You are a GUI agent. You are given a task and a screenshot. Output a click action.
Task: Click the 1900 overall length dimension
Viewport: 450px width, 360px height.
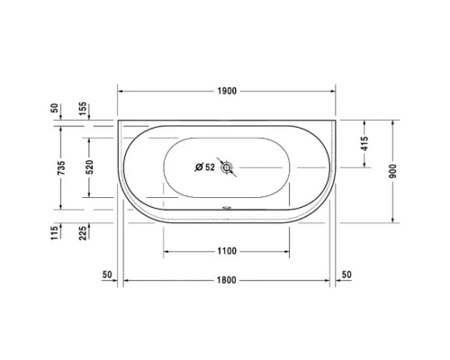(x=226, y=91)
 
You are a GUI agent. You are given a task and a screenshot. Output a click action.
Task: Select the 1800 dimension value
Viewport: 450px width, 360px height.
(x=226, y=280)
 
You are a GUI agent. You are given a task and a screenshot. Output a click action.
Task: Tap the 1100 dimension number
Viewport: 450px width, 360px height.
(x=226, y=251)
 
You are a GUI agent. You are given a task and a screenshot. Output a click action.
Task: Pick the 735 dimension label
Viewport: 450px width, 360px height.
(x=60, y=168)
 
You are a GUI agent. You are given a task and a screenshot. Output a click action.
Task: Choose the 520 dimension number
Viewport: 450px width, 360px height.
(x=90, y=168)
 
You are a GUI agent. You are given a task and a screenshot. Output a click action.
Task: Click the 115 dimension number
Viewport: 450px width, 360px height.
(x=55, y=233)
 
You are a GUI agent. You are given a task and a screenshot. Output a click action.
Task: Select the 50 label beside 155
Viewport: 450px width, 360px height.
(x=55, y=108)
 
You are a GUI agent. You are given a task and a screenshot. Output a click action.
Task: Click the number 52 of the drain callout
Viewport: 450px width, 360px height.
(x=210, y=167)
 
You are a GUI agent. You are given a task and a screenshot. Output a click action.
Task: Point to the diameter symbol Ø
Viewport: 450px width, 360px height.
(x=199, y=167)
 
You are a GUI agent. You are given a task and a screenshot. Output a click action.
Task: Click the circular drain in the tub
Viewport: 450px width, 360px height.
(x=227, y=167)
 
